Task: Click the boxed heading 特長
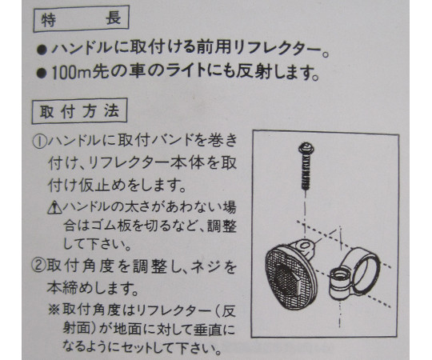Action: (x=81, y=19)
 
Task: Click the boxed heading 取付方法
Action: (x=79, y=110)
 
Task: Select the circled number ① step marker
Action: (x=39, y=142)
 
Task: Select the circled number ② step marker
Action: (x=39, y=266)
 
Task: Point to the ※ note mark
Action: (x=54, y=310)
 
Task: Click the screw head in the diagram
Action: (x=306, y=148)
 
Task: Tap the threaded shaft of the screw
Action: (x=306, y=172)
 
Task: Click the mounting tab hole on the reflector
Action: (x=305, y=245)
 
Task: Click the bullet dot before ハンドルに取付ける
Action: (x=42, y=50)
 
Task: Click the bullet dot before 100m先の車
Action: (x=42, y=74)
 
